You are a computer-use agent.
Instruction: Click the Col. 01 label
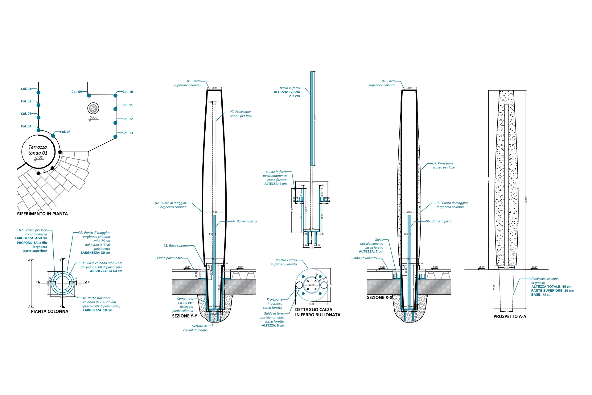pyautogui.click(x=26, y=89)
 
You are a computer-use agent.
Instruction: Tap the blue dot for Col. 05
pyautogui.click(x=53, y=136)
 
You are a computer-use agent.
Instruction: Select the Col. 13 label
pyautogui.click(x=128, y=133)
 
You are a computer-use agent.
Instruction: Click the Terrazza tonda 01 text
pyautogui.click(x=38, y=150)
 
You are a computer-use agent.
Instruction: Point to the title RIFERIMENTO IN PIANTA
pyautogui.click(x=42, y=214)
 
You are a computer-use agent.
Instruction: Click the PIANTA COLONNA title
pyautogui.click(x=50, y=311)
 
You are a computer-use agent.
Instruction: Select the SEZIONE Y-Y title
pyautogui.click(x=184, y=316)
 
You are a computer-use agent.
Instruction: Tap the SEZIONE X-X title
pyautogui.click(x=380, y=297)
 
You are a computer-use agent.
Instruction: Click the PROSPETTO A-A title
pyautogui.click(x=510, y=316)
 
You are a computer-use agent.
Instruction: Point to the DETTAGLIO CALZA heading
pyautogui.click(x=314, y=310)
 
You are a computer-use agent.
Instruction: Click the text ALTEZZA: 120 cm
pyautogui.click(x=287, y=92)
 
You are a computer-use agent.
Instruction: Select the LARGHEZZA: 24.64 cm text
pyautogui.click(x=105, y=271)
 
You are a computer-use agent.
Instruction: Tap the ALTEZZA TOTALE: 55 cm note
pyautogui.click(x=551, y=287)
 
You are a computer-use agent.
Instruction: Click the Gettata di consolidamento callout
pyautogui.click(x=195, y=328)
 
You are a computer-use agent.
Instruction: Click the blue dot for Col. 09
pyautogui.click(x=89, y=95)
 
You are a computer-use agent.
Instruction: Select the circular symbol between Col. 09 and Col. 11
pyautogui.click(x=93, y=108)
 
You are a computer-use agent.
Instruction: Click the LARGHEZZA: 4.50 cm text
pyautogui.click(x=31, y=238)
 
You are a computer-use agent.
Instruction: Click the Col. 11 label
pyautogui.click(x=128, y=105)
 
